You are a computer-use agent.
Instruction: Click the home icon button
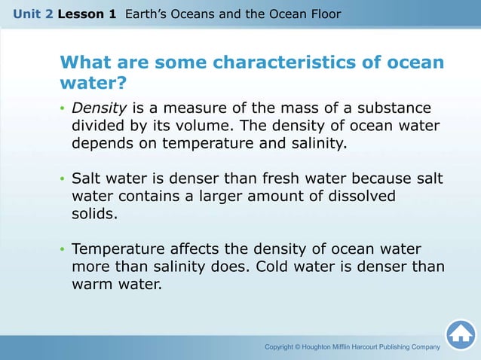coord(461,335)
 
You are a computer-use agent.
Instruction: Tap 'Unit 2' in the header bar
coord(32,14)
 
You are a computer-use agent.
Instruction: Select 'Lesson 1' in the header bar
coord(87,14)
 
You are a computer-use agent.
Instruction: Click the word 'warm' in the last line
coord(93,285)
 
